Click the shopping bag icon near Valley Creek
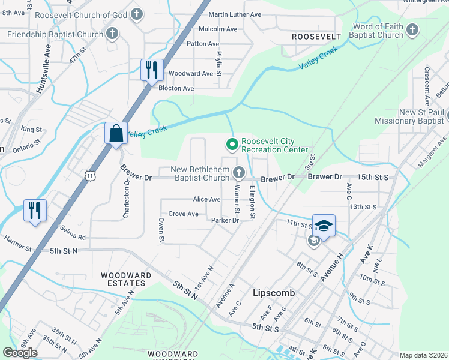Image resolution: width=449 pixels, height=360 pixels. (x=115, y=133)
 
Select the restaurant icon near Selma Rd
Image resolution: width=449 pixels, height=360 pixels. (x=35, y=210)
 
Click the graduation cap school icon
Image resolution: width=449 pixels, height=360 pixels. (x=324, y=226)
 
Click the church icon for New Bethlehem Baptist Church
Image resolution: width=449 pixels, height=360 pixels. (x=239, y=173)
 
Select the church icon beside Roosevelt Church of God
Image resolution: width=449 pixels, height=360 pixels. (x=137, y=14)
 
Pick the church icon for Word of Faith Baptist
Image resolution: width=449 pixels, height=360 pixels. (x=412, y=31)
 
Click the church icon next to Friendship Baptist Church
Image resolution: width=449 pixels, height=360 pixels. (x=112, y=34)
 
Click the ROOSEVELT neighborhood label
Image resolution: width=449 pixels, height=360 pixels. (x=316, y=37)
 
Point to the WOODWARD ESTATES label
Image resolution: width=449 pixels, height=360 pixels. (x=126, y=280)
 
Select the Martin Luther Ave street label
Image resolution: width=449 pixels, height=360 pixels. (x=235, y=14)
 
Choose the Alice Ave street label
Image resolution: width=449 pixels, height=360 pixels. (x=206, y=199)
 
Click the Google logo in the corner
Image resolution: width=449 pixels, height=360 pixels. (x=20, y=353)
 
